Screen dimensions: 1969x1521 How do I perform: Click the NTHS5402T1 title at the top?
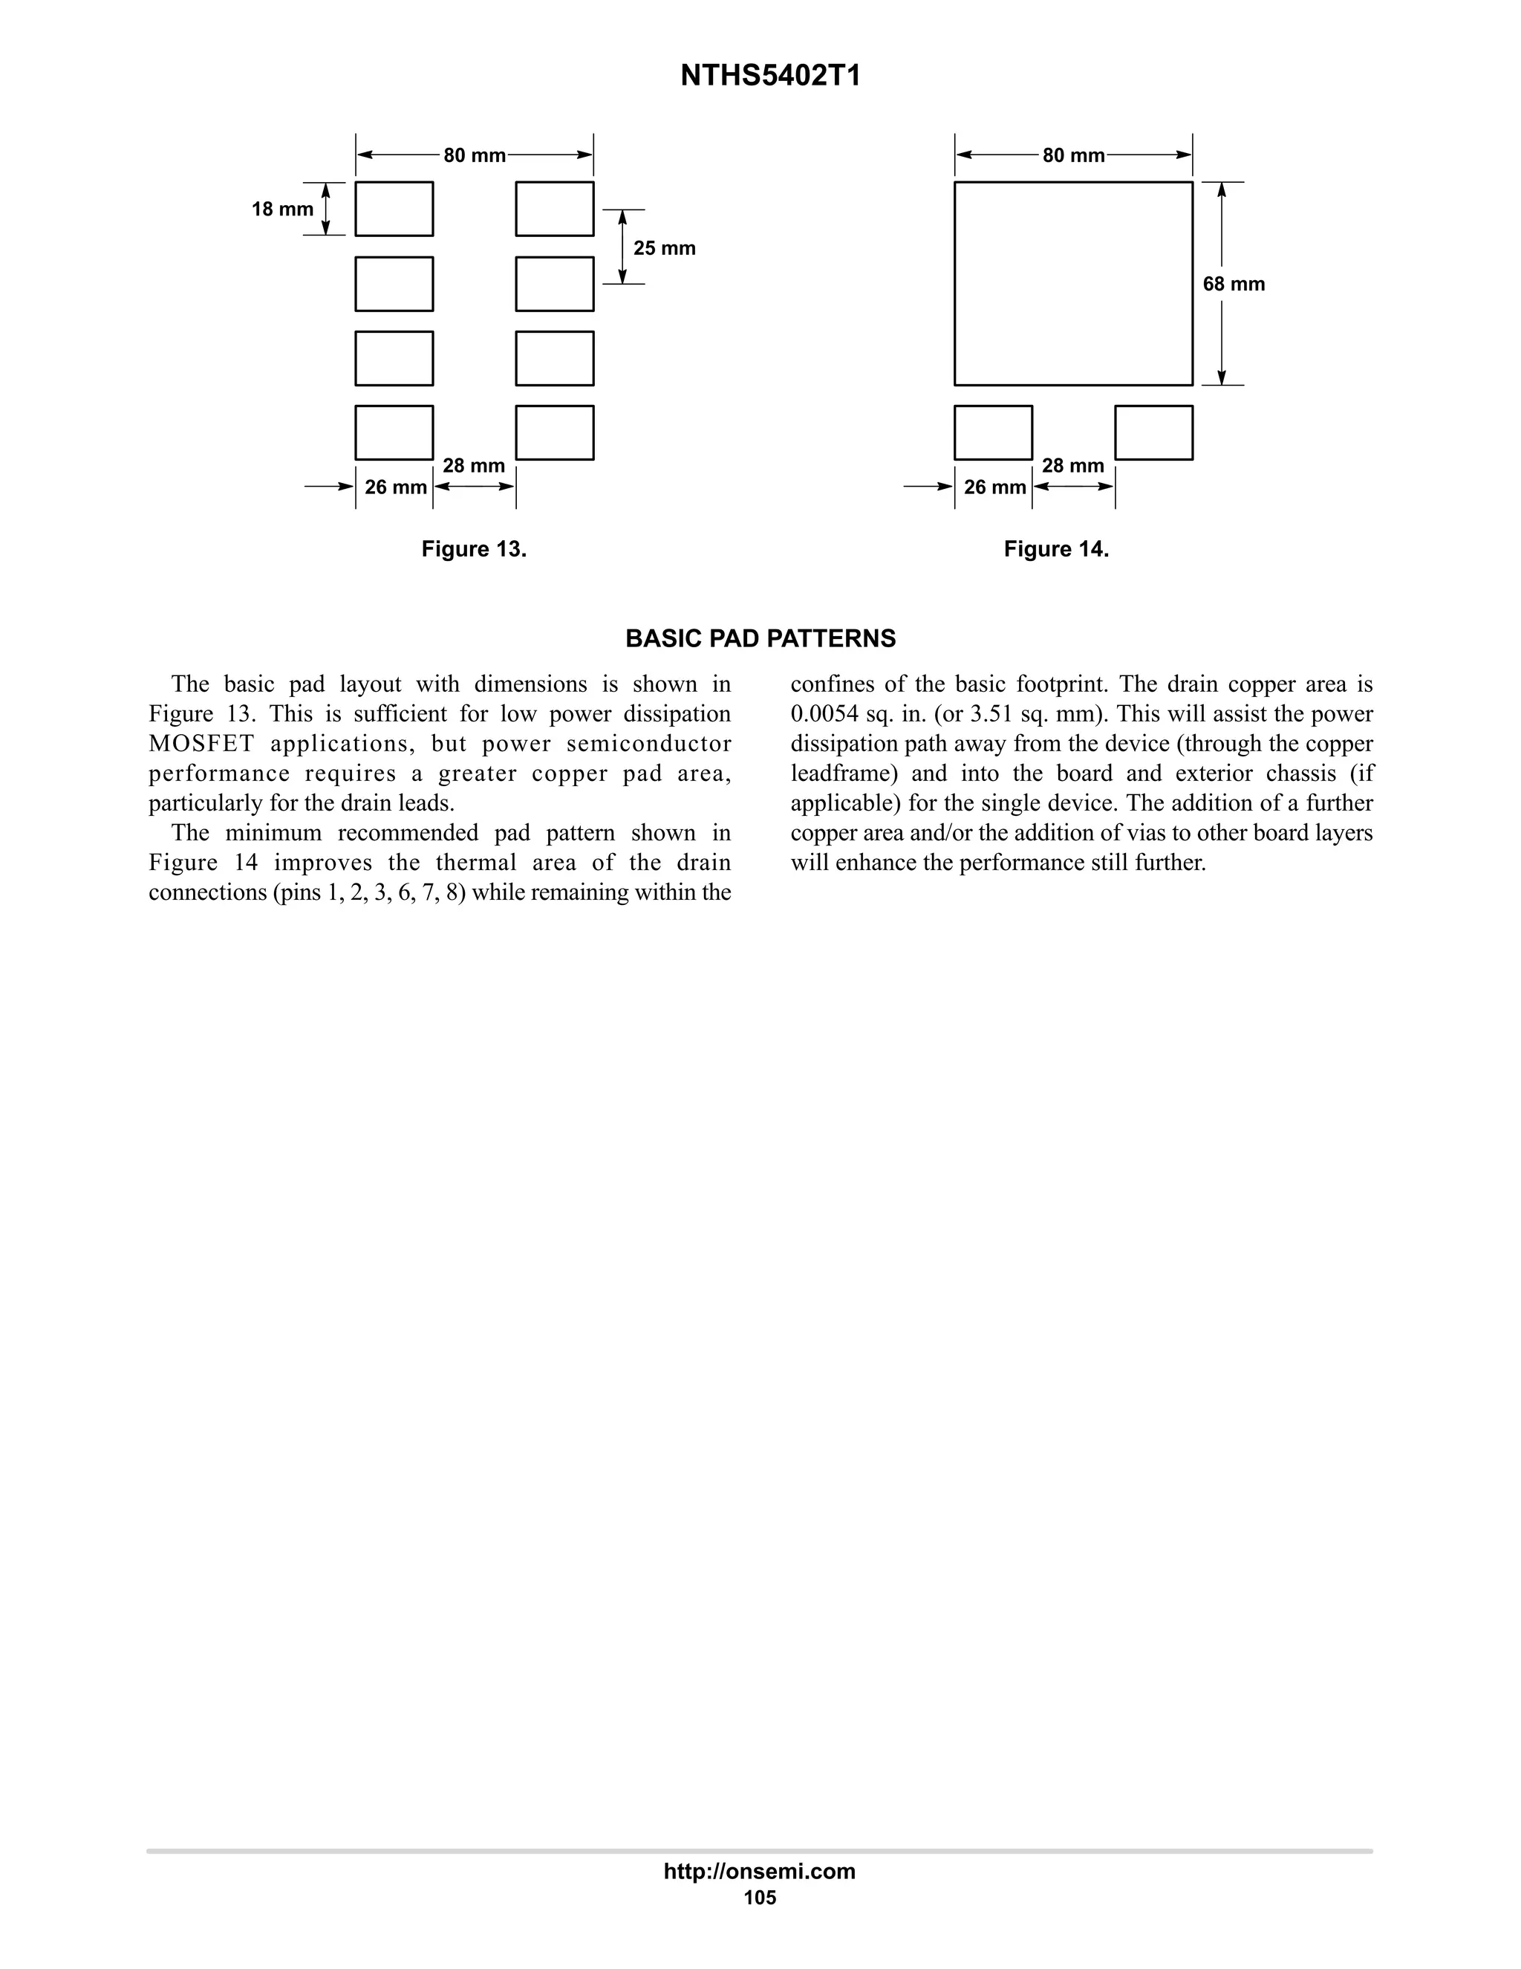770,77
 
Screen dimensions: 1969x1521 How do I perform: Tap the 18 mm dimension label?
282,210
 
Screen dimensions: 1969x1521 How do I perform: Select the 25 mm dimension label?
664,248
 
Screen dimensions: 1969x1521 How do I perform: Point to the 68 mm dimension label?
1234,284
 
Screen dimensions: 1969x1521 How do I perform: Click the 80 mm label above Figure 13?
474,155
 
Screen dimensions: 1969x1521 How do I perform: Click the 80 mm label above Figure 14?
1073,155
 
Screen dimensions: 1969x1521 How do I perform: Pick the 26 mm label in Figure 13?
396,487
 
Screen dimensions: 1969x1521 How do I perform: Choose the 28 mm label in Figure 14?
1072,465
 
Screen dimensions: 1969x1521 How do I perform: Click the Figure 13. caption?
474,549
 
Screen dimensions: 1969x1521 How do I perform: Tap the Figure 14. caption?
1056,549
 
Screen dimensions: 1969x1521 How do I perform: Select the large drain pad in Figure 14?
1073,283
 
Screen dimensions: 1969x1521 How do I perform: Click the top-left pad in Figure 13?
394,210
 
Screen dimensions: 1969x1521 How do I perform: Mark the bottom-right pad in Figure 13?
554,432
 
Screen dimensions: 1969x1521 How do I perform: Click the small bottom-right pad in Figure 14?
1153,432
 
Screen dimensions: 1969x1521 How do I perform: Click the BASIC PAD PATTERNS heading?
760,638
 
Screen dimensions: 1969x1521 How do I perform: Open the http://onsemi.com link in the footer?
760,1871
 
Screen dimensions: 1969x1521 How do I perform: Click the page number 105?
760,1898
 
